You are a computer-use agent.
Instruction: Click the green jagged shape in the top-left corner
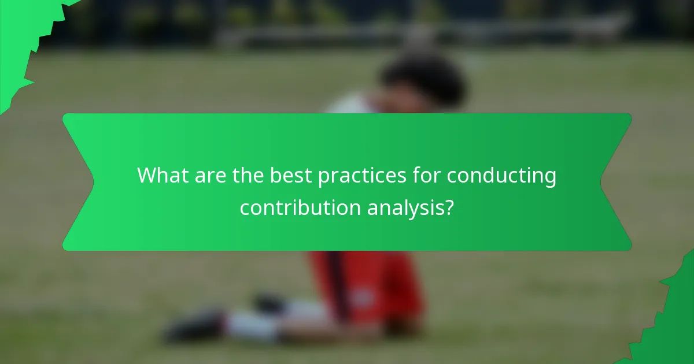point(23,40)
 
